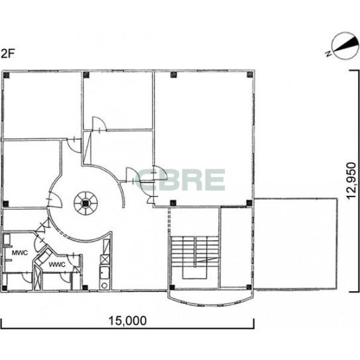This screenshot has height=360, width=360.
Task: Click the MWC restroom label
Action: [20, 253]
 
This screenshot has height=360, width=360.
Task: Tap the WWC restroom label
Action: [57, 265]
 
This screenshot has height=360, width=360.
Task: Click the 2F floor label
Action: [8, 54]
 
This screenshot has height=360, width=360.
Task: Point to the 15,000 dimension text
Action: [127, 321]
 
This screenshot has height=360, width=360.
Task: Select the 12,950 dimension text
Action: [351, 181]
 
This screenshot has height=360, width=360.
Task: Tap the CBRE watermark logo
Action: [180, 180]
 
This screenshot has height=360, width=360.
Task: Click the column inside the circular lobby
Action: [85, 203]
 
